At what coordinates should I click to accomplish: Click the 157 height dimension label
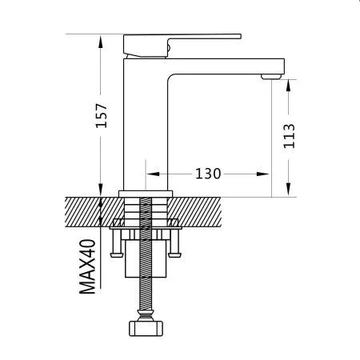[x=102, y=115]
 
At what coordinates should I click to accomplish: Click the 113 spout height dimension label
[x=289, y=136]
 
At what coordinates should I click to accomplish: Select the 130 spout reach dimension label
[x=208, y=174]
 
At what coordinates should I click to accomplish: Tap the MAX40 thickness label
[x=87, y=266]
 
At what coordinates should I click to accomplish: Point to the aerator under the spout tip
[x=271, y=77]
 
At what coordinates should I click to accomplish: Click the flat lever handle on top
[x=182, y=46]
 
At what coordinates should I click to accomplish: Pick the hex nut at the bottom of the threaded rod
[x=146, y=328]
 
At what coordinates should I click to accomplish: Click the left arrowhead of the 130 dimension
[x=153, y=174]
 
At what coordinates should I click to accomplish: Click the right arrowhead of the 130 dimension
[x=262, y=174]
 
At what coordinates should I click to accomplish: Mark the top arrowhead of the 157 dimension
[x=101, y=42]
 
